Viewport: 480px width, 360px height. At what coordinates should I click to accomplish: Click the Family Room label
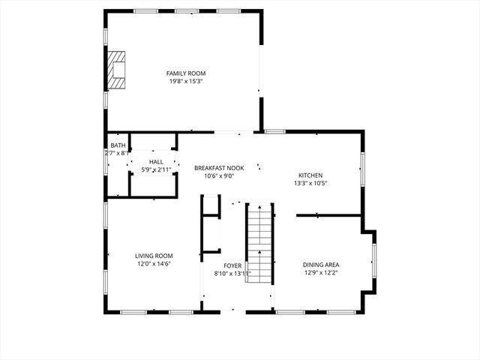(186, 73)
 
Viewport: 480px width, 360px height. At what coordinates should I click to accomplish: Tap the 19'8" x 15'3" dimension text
(186, 81)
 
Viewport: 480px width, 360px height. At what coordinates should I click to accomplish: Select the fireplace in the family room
(116, 67)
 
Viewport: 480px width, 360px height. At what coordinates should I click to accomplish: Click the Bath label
(118, 145)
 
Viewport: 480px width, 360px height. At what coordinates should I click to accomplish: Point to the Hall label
(156, 162)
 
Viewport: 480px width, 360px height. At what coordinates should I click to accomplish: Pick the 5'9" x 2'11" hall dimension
(156, 170)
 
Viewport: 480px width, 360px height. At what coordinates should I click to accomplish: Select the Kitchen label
(310, 175)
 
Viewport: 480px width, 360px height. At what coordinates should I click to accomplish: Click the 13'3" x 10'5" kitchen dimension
(310, 183)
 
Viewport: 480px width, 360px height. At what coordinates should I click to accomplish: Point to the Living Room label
(154, 256)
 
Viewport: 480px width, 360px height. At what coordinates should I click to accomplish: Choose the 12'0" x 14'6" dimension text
(154, 264)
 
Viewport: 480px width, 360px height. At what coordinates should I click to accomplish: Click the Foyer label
(232, 265)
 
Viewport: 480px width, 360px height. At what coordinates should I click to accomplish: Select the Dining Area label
(321, 265)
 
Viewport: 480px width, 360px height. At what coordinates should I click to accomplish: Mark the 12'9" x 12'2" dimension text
(321, 273)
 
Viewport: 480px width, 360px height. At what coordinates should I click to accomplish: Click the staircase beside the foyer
(260, 241)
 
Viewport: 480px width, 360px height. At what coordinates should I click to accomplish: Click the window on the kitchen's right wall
(363, 169)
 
